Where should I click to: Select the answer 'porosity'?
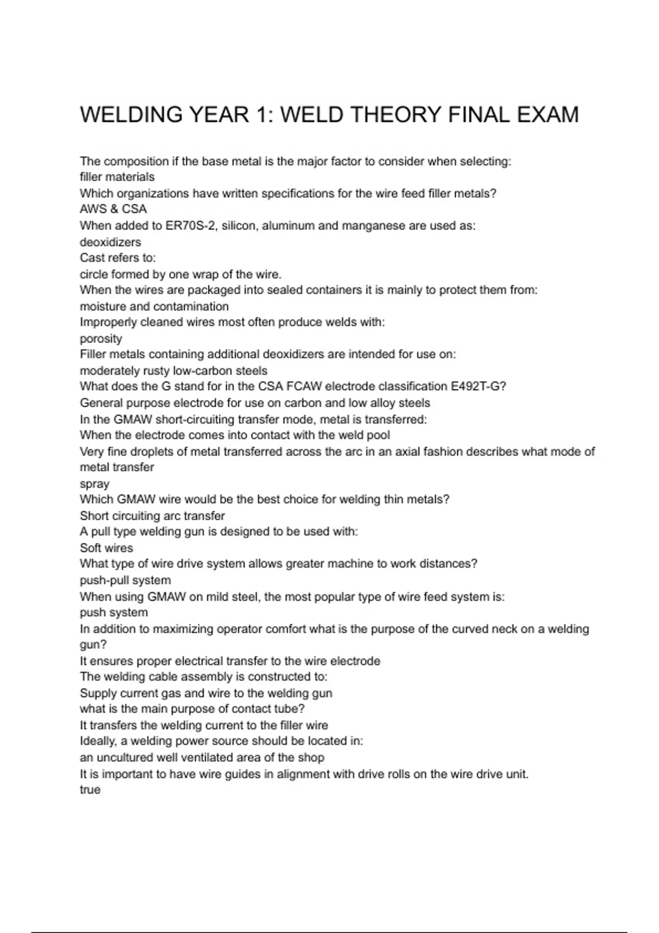pos(101,339)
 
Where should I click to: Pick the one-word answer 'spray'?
pos(94,484)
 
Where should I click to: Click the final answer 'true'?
pos(90,790)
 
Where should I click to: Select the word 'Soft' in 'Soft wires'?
pos(91,548)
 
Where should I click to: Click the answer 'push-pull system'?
pos(125,580)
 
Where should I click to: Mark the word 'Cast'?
pos(92,258)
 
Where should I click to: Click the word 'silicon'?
pos(238,226)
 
